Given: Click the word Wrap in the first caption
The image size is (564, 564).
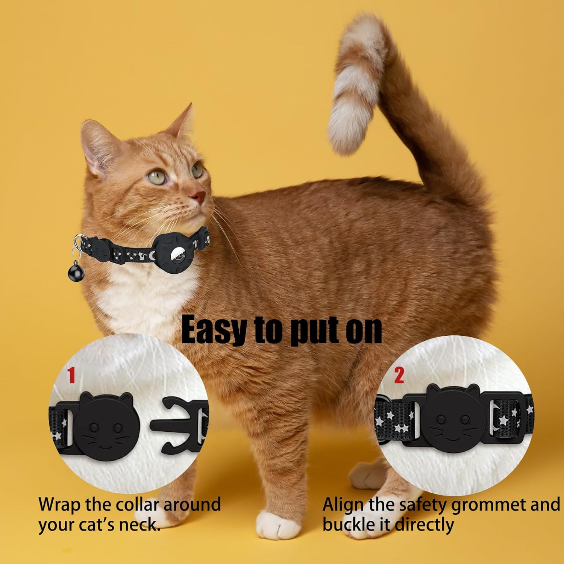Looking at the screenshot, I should [x=60, y=505].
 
